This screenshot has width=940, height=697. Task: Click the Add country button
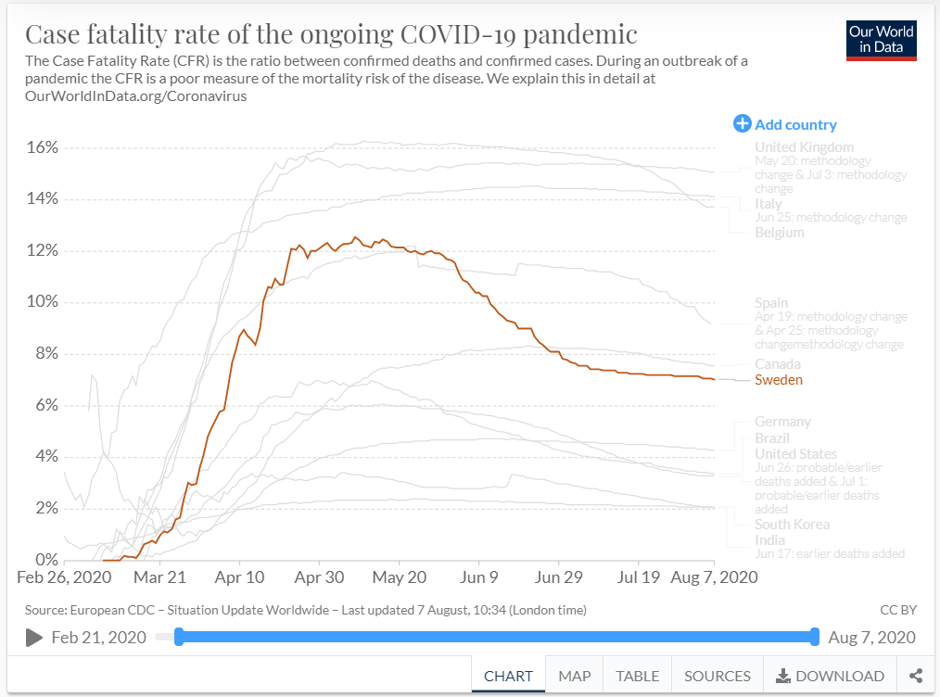pyautogui.click(x=785, y=124)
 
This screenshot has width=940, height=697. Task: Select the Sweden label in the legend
pyautogui.click(x=779, y=380)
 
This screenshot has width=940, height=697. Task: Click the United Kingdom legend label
pyautogui.click(x=804, y=147)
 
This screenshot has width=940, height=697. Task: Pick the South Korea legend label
pyautogui.click(x=792, y=525)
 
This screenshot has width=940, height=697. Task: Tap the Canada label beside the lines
pyautogui.click(x=777, y=364)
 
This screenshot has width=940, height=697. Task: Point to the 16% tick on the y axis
pyautogui.click(x=42, y=147)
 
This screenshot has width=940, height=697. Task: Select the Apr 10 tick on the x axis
pyautogui.click(x=239, y=577)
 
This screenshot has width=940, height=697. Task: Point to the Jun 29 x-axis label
pyautogui.click(x=559, y=577)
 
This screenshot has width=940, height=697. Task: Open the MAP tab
pyautogui.click(x=575, y=676)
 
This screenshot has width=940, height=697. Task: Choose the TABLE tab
pyautogui.click(x=637, y=676)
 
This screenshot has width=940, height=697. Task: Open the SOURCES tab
pyautogui.click(x=717, y=676)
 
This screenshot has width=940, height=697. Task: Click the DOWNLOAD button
pyautogui.click(x=830, y=676)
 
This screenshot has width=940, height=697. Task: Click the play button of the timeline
pyautogui.click(x=34, y=637)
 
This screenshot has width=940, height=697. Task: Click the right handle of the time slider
pyautogui.click(x=814, y=637)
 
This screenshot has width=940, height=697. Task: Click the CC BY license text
pyautogui.click(x=897, y=610)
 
